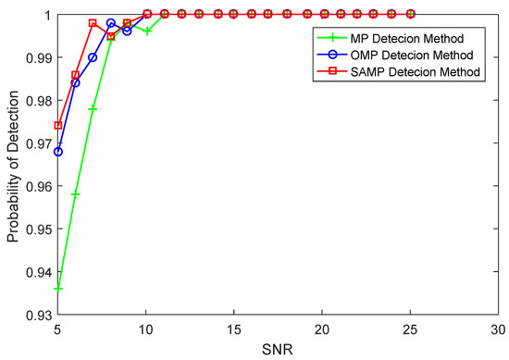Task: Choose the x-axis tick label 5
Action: (58, 329)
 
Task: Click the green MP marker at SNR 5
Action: (58, 289)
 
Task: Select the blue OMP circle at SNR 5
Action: (58, 152)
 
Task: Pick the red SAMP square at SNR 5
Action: (58, 126)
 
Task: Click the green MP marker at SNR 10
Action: (146, 31)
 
